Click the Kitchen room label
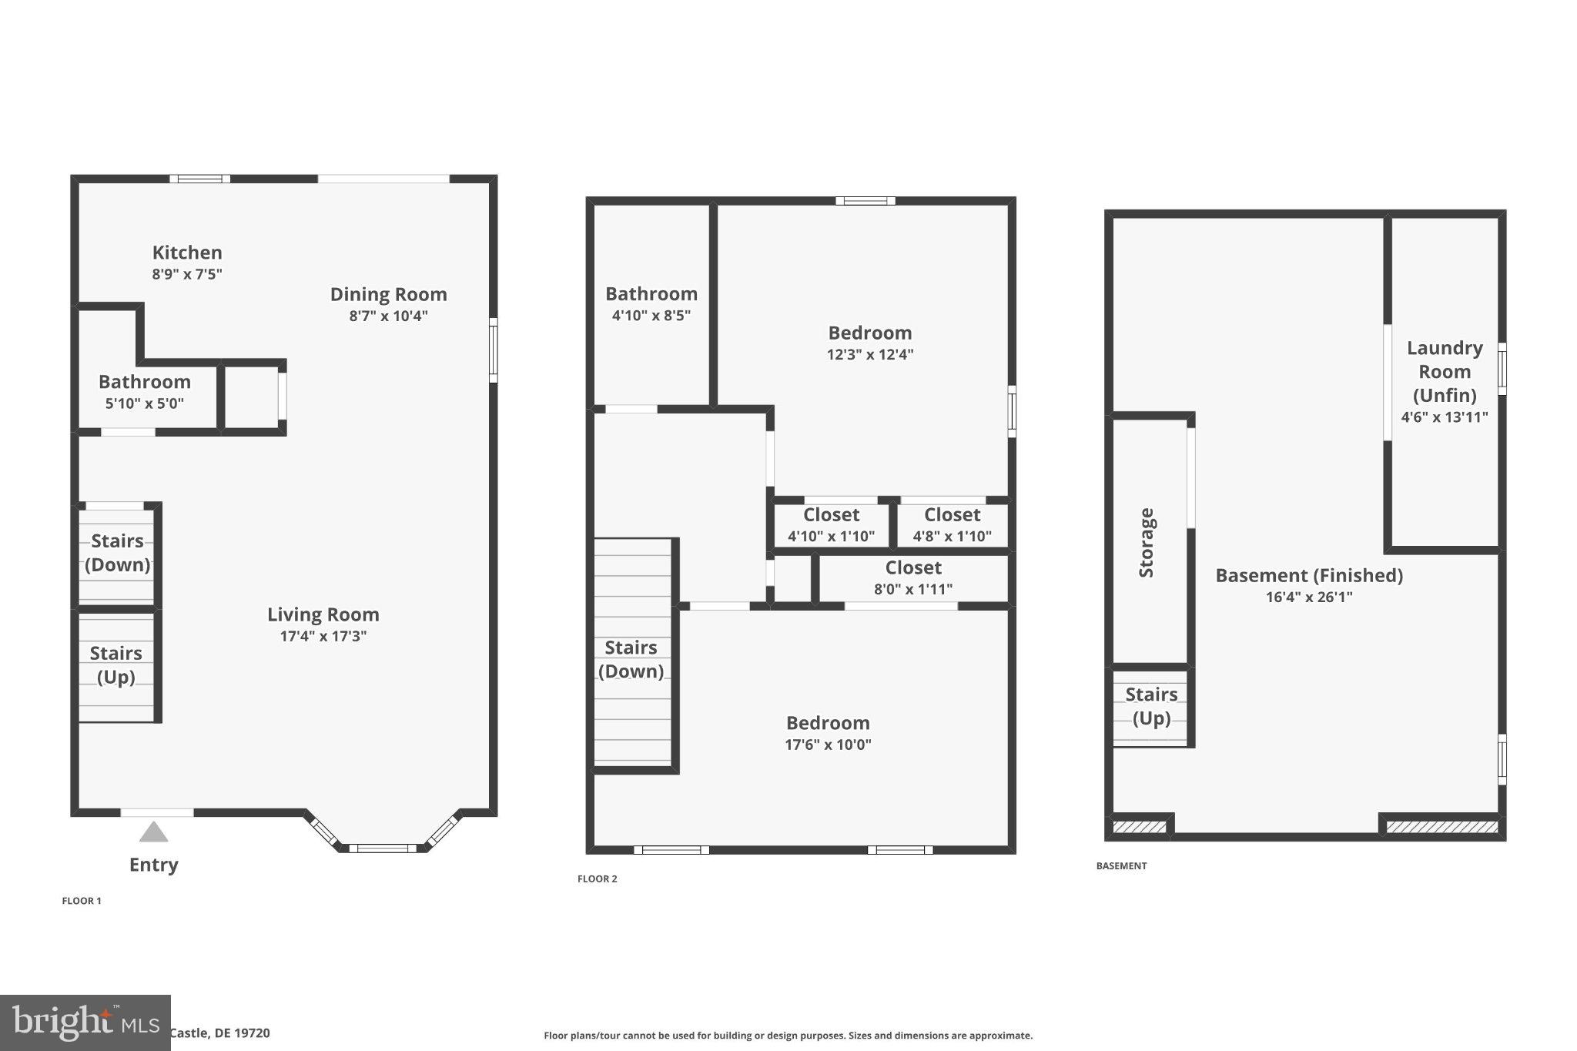187,253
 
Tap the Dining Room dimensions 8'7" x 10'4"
388,316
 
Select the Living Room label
323,614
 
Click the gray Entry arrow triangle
154,832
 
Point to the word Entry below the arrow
154,865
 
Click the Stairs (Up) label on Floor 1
116,664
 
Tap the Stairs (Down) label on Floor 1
117,552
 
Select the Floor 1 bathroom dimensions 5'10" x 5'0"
145,403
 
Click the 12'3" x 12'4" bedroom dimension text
870,354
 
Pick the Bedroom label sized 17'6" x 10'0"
828,723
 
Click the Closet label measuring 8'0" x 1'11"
913,568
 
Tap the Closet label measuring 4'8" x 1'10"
952,515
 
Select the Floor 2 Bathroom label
651,294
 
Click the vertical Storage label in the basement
1147,542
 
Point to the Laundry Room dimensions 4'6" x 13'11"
1444,417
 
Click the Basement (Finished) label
1309,576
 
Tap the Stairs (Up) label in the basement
1151,706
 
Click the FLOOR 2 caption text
598,879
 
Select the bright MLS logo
85,1023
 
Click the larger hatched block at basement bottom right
1441,828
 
